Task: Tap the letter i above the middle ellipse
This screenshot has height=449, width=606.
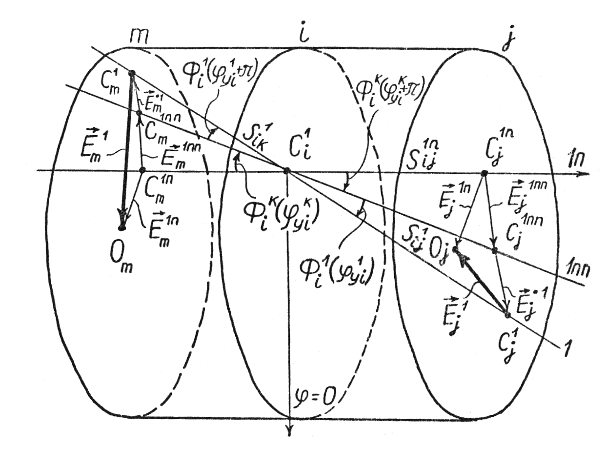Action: [304, 34]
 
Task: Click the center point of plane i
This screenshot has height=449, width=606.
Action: [287, 170]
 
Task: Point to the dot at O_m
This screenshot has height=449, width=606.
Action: [122, 227]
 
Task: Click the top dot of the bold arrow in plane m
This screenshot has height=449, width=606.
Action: [131, 73]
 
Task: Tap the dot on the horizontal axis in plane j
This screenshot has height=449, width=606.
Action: [484, 173]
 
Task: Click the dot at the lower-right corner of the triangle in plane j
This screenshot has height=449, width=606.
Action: [507, 315]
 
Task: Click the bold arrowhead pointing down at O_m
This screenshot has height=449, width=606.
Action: [124, 218]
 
